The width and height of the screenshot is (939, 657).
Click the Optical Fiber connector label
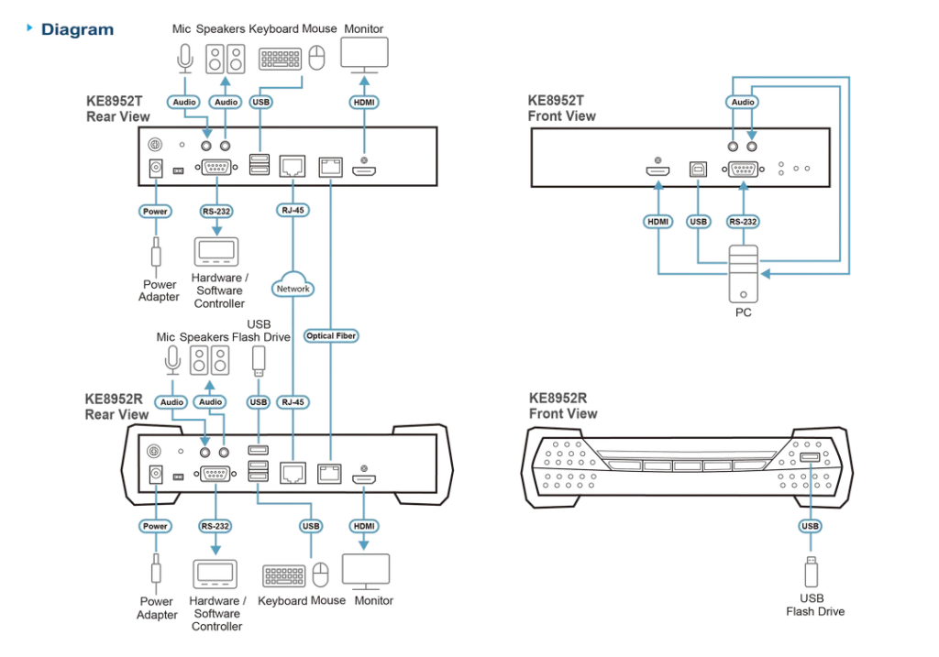(x=330, y=335)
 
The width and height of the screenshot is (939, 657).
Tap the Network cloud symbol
(x=293, y=286)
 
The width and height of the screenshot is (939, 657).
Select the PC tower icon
(x=743, y=274)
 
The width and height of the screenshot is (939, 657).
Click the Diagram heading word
(x=77, y=29)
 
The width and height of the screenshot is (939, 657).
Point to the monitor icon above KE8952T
(x=364, y=55)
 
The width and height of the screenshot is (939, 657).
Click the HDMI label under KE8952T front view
(x=657, y=222)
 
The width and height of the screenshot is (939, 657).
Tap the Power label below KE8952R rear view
(x=155, y=526)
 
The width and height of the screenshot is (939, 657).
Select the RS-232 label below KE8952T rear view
(x=216, y=212)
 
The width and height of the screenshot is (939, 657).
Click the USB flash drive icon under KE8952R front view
(x=811, y=572)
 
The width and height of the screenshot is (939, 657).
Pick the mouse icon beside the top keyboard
(x=316, y=58)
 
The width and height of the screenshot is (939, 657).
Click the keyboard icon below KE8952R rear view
(x=284, y=575)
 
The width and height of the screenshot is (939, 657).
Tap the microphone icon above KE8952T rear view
(x=185, y=59)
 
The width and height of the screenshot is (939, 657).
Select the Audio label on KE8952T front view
(x=743, y=102)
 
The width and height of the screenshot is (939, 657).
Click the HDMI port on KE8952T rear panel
(x=364, y=171)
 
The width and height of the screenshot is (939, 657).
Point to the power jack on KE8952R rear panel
(x=155, y=475)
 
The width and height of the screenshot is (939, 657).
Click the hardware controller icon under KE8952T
(x=216, y=252)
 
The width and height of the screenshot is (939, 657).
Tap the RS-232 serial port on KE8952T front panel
(x=743, y=170)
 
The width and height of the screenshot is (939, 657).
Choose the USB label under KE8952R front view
(x=810, y=526)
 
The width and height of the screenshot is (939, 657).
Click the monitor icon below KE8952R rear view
(x=366, y=572)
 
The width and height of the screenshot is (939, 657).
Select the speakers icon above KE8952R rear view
(x=210, y=360)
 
